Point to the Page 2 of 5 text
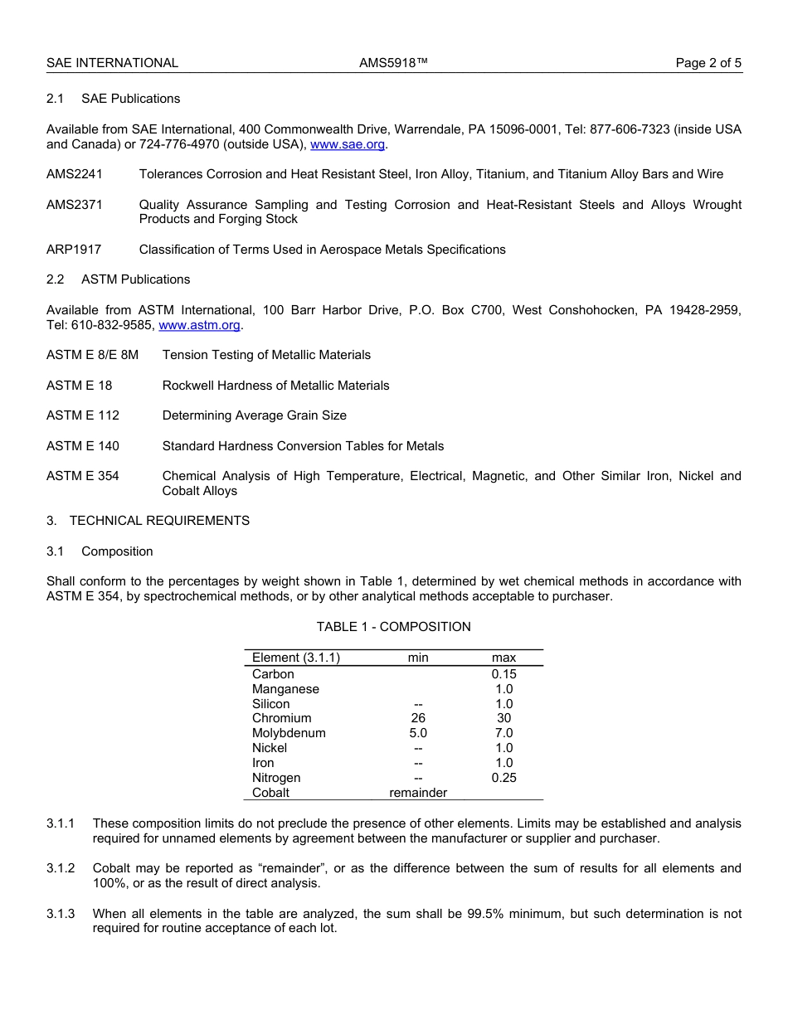pyautogui.click(x=708, y=63)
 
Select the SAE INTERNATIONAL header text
pyautogui.click(x=112, y=63)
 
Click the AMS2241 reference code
pyautogui.click(x=75, y=174)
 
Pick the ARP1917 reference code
pyautogui.click(x=75, y=250)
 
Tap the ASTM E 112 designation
pyautogui.click(x=83, y=415)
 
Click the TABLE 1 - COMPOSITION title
pyautogui.click(x=393, y=627)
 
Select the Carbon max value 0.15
pyautogui.click(x=503, y=674)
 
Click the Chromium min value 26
pyautogui.click(x=418, y=718)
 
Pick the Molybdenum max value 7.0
pyautogui.click(x=503, y=733)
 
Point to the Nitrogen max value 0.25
pyautogui.click(x=503, y=778)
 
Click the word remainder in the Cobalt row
pyautogui.click(x=418, y=793)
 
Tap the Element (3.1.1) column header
pyautogui.click(x=296, y=658)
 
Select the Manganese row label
pyautogui.click(x=285, y=689)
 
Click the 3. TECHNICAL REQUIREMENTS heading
pyautogui.click(x=148, y=521)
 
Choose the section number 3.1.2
pyautogui.click(x=61, y=868)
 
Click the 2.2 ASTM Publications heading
pyautogui.click(x=119, y=279)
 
